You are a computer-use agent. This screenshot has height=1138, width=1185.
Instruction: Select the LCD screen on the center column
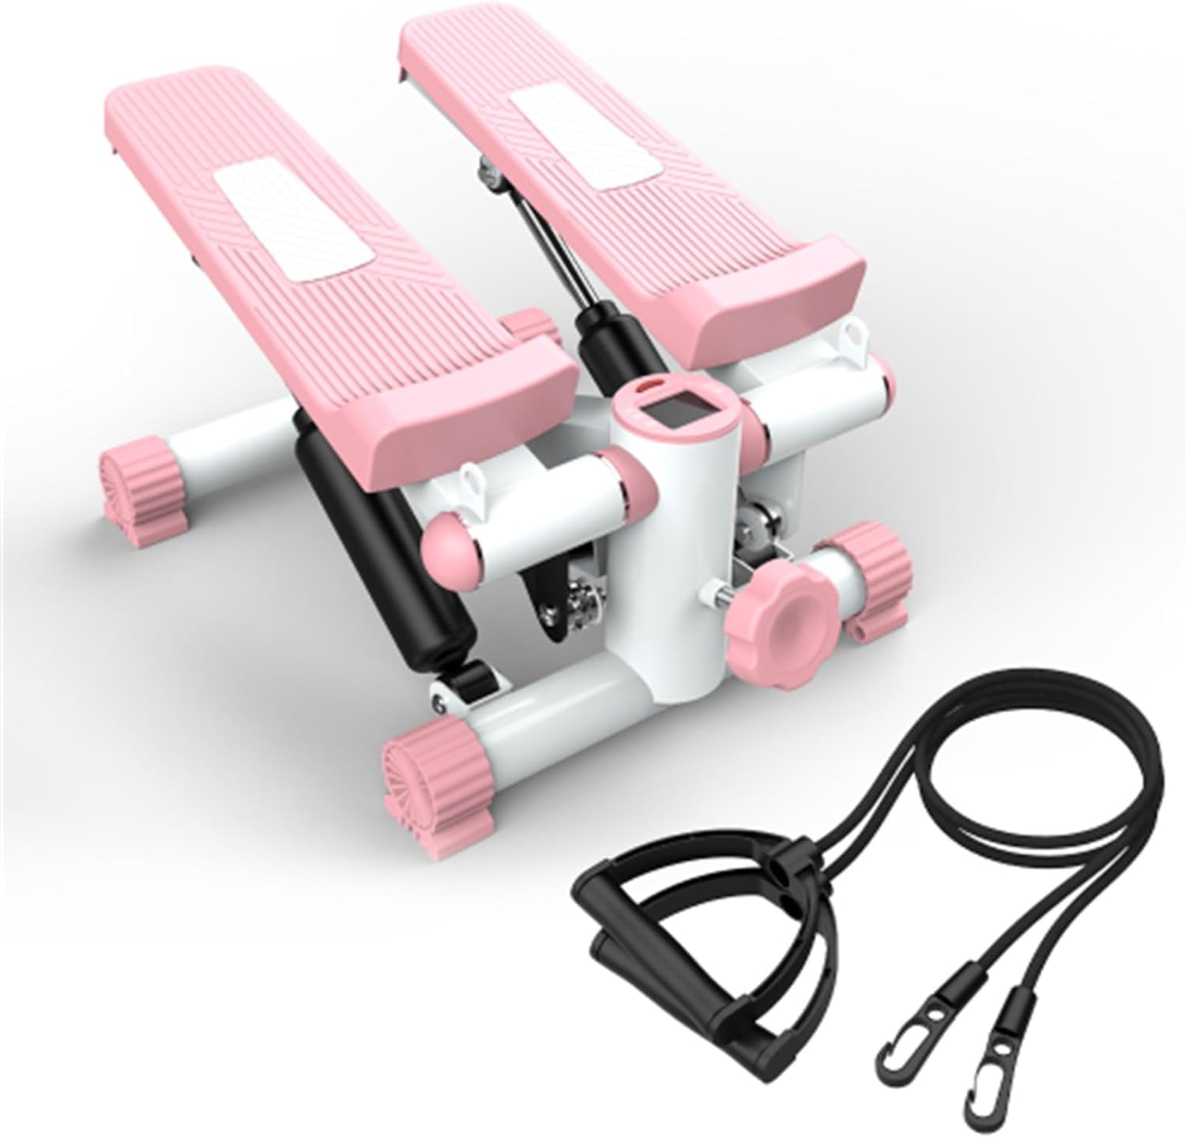(664, 411)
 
